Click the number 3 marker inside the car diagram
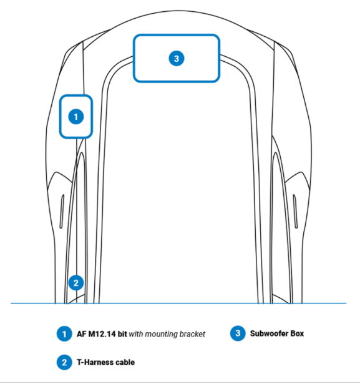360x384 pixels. pyautogui.click(x=177, y=59)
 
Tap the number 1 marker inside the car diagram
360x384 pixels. pyautogui.click(x=76, y=117)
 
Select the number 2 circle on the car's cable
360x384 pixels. pyautogui.click(x=76, y=283)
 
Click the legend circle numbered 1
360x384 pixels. pyautogui.click(x=64, y=333)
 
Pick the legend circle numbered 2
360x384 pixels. pyautogui.click(x=64, y=362)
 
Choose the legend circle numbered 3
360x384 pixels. pyautogui.click(x=238, y=333)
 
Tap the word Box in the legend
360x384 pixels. pyautogui.click(x=297, y=333)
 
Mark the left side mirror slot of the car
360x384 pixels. pyautogui.click(x=62, y=212)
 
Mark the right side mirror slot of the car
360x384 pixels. pyautogui.click(x=295, y=212)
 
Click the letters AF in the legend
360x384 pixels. pyautogui.click(x=82, y=334)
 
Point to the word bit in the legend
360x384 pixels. pyautogui.click(x=122, y=334)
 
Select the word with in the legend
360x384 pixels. pyautogui.click(x=136, y=334)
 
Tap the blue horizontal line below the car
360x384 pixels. pyautogui.click(x=178, y=303)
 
